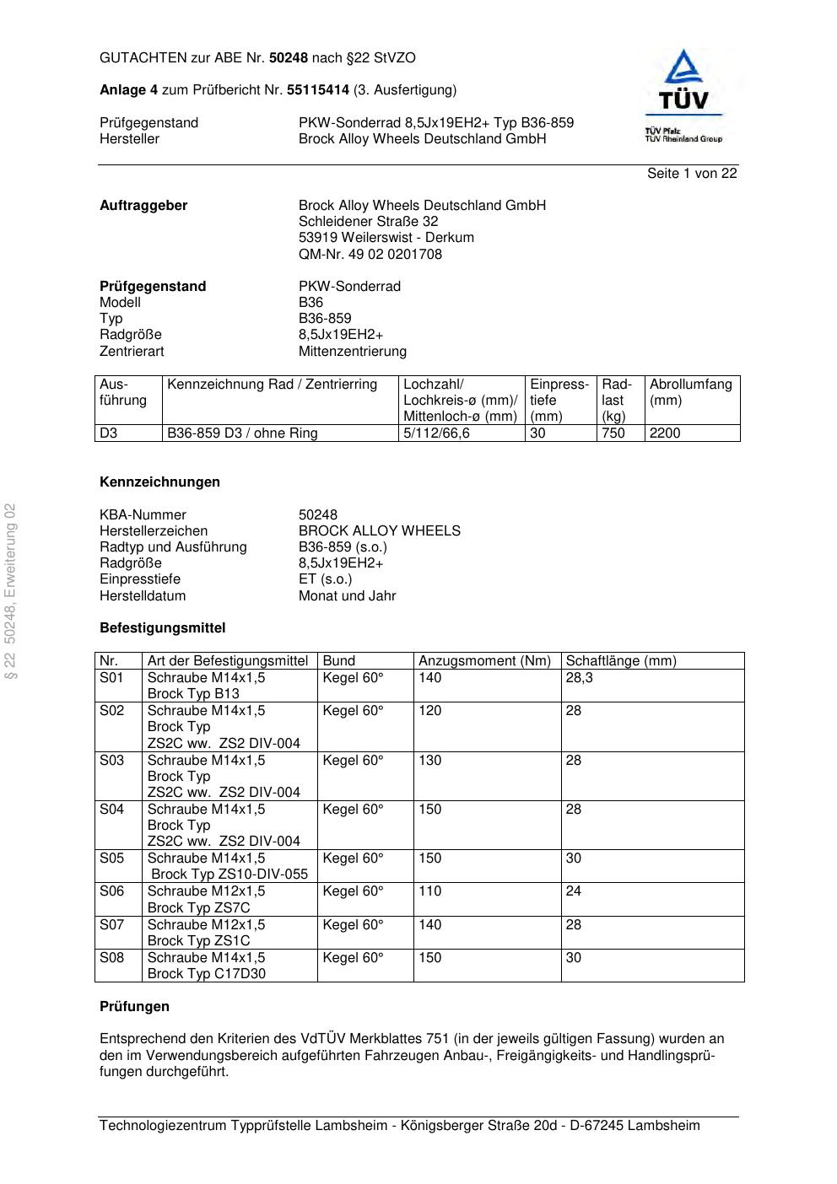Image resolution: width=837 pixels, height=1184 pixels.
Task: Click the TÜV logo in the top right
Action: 683,94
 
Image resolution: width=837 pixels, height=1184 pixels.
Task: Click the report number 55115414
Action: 318,90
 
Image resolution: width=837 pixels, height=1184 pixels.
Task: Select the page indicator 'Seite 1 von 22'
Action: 692,174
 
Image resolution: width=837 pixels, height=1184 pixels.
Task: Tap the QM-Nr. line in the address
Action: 370,254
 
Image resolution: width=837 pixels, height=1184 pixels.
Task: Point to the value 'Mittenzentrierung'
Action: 352,351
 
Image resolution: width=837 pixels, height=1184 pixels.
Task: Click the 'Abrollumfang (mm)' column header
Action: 690,392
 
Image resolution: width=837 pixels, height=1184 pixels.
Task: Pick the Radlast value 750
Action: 613,433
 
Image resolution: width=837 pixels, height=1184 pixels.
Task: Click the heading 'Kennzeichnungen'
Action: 159,482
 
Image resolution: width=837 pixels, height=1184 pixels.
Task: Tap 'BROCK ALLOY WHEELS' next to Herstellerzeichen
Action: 379,531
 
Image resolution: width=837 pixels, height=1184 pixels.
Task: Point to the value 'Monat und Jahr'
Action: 347,596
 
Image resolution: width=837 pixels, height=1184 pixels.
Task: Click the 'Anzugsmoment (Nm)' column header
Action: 484,661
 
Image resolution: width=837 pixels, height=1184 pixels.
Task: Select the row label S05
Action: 111,858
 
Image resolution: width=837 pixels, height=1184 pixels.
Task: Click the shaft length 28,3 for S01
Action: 579,678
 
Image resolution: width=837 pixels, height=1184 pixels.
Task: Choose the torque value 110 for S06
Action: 429,891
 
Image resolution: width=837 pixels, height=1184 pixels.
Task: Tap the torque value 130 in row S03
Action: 429,761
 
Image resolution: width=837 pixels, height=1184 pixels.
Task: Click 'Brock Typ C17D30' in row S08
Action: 206,974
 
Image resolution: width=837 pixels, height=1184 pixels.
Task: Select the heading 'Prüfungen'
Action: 134,1007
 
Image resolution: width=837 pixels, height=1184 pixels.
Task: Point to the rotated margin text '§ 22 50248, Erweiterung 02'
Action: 11,590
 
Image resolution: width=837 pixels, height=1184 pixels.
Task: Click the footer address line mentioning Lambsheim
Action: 399,1126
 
